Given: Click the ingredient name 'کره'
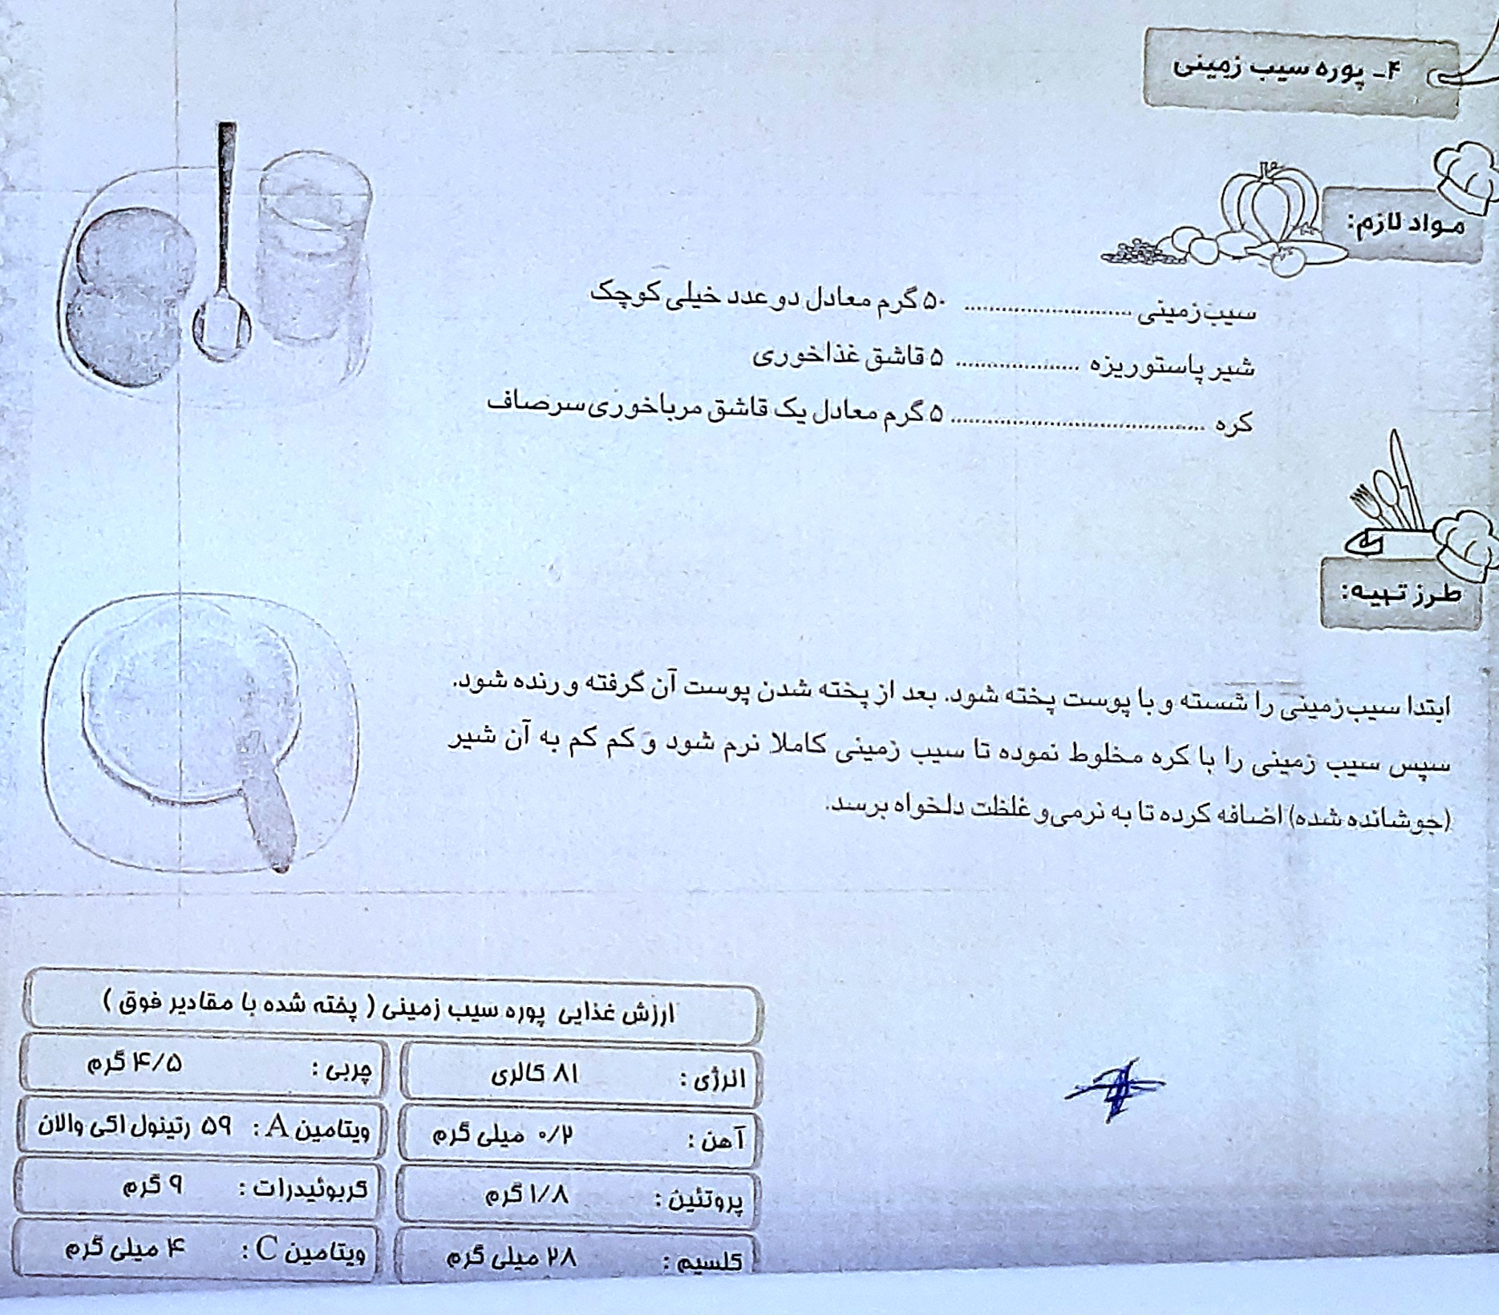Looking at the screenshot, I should click(x=1234, y=423).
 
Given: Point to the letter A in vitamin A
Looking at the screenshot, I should click(x=278, y=1127).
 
